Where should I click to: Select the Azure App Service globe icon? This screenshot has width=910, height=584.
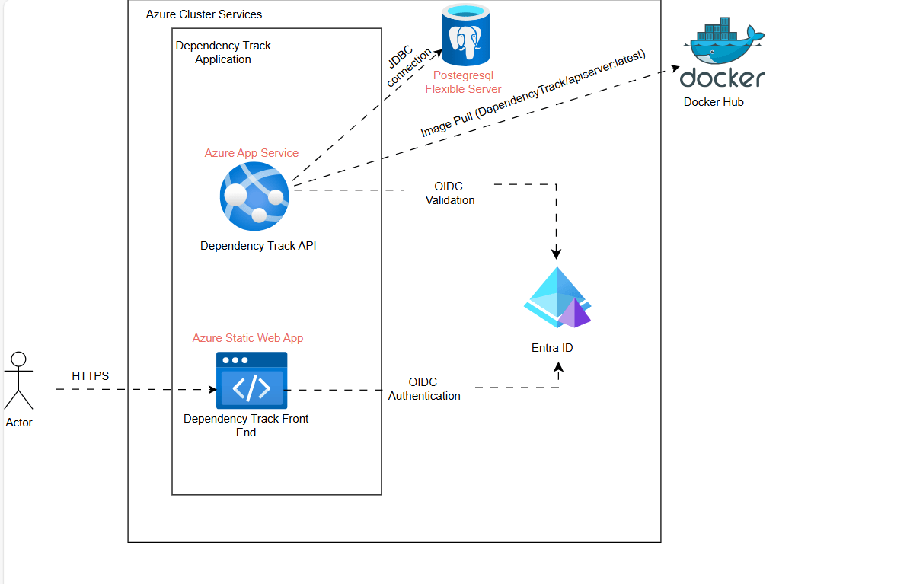254,196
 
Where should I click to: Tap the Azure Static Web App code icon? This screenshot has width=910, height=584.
251,380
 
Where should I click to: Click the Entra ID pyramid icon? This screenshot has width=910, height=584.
558,298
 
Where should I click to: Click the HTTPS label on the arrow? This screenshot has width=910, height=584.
90,376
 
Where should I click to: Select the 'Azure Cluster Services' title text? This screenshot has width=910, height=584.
204,14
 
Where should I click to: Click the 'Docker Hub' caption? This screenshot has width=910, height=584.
713,102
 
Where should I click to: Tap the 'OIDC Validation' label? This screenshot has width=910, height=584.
449,193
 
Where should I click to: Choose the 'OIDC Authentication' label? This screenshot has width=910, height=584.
424,389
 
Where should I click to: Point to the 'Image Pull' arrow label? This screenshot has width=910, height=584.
532,94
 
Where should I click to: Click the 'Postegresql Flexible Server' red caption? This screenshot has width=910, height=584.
463,82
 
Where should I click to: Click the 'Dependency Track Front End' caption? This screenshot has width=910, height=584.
246,426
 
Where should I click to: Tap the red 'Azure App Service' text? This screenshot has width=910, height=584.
251,153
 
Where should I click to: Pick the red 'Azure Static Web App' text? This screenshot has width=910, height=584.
247,338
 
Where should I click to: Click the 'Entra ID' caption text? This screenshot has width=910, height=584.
552,348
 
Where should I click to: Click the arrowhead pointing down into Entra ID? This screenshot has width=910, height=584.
557,254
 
